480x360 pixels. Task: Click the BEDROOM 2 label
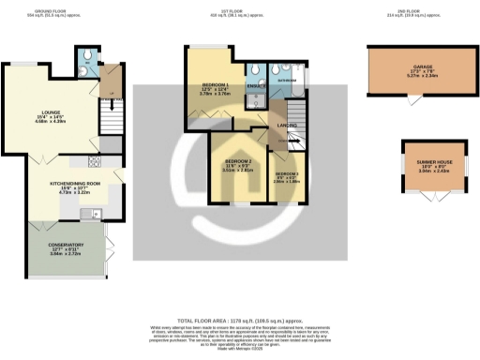point(239,164)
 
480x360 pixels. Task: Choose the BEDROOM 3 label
point(287,175)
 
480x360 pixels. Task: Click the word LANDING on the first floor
point(287,125)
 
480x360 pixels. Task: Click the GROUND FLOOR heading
point(50,12)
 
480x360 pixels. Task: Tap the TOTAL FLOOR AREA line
point(240,319)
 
